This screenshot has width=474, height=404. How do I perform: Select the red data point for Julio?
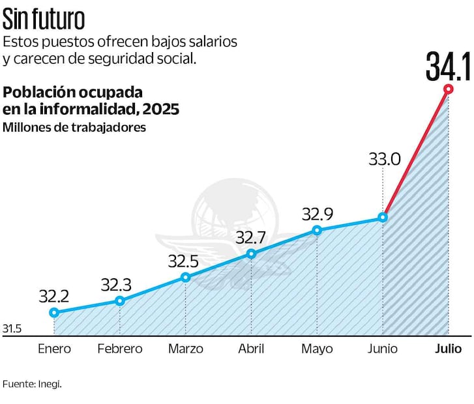(x=448, y=89)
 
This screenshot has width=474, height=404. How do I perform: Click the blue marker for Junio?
(x=383, y=218)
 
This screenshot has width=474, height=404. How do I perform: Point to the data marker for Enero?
(x=54, y=313)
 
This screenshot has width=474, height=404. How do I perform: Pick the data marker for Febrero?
(x=120, y=300)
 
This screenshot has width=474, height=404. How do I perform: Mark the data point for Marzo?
(x=186, y=277)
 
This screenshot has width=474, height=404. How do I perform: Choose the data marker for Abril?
(x=251, y=254)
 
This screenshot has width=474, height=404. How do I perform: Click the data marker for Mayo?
(x=317, y=230)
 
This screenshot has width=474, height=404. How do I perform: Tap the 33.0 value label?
(x=383, y=160)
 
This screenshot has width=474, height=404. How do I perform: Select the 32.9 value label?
(x=317, y=214)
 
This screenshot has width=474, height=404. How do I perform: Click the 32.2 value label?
(x=54, y=296)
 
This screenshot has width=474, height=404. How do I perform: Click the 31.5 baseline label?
(x=12, y=329)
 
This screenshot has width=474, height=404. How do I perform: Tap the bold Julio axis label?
(x=448, y=349)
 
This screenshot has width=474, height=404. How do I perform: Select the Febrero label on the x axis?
(x=120, y=349)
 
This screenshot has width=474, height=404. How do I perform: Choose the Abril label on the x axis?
(x=251, y=349)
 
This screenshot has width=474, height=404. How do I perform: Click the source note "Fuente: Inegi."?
(x=32, y=384)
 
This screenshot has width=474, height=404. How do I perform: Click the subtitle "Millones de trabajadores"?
(x=74, y=127)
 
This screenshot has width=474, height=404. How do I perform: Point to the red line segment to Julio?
(x=416, y=153)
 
